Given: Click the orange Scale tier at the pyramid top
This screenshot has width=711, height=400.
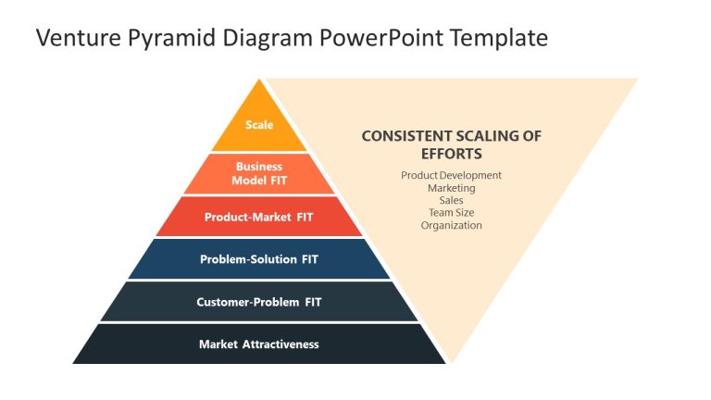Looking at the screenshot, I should [x=259, y=125].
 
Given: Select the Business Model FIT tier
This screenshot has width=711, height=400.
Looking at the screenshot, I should [x=259, y=173].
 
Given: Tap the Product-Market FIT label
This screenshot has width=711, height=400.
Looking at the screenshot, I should [x=259, y=217].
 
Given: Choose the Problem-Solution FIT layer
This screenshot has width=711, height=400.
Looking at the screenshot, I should [x=259, y=259].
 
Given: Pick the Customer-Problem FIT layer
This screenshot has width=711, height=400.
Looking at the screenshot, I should [x=259, y=302].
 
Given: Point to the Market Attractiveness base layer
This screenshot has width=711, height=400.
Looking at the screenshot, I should [x=259, y=344].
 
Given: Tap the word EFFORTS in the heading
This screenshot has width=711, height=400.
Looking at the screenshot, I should [x=451, y=154].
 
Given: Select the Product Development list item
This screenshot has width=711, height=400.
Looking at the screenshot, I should [x=451, y=175].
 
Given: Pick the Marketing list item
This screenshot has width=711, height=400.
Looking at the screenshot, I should [x=451, y=188].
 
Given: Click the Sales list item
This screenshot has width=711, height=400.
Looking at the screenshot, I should [x=451, y=200].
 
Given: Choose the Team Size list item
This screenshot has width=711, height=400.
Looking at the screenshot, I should [x=451, y=212].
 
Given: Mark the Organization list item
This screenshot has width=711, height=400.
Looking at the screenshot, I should [x=451, y=225].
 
